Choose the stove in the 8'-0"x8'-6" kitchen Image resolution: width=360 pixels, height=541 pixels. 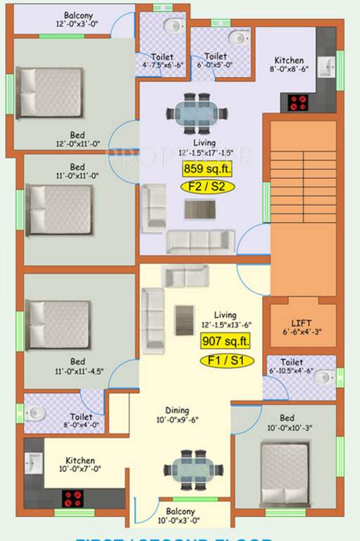298,103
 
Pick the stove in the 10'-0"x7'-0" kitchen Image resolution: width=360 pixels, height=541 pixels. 73,498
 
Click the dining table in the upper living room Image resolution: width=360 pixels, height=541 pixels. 198,112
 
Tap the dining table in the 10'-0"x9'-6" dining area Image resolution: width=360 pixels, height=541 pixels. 194,468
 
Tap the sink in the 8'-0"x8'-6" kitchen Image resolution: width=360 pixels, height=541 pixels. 326,67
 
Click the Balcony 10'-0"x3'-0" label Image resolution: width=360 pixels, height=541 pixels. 181,516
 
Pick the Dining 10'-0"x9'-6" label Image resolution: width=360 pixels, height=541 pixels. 177,414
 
